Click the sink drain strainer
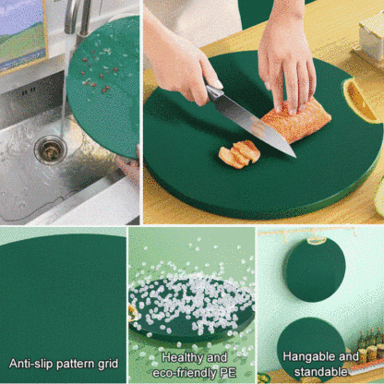tap(51, 150)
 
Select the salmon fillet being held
tap(296, 120)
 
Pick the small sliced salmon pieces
tap(239, 154)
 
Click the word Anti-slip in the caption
tap(30, 364)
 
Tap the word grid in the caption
tap(108, 364)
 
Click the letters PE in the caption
tap(228, 373)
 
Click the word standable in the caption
tap(320, 372)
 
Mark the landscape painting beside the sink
tap(22, 34)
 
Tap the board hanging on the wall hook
tap(315, 270)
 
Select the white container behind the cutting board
tap(371, 34)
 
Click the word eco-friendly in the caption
tap(185, 373)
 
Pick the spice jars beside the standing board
tap(371, 347)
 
